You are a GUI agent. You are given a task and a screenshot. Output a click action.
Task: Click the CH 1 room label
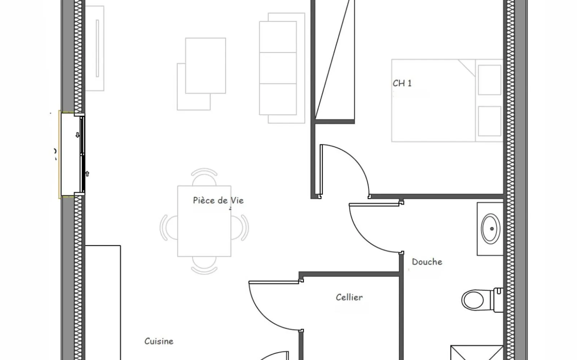point(402,83)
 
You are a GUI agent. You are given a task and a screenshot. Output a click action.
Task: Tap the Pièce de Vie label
point(218,200)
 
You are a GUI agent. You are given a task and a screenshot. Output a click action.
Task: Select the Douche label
point(427,262)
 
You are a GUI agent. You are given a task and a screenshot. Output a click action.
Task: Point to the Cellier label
point(349,297)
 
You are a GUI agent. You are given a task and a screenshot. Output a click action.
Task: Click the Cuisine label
point(159,341)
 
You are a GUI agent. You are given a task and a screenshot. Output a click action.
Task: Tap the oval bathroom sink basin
point(490,229)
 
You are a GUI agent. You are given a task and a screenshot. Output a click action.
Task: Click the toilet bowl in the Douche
point(473,300)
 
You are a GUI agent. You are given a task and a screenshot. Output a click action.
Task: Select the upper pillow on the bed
point(489,80)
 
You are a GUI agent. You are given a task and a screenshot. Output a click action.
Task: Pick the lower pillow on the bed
point(489,121)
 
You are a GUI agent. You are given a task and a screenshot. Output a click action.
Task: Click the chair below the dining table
point(204,265)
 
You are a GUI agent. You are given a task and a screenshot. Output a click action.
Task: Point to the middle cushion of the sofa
point(278,68)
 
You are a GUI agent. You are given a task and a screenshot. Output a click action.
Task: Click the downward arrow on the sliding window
point(78,135)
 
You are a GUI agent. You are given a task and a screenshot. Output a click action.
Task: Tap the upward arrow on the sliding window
point(87,174)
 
